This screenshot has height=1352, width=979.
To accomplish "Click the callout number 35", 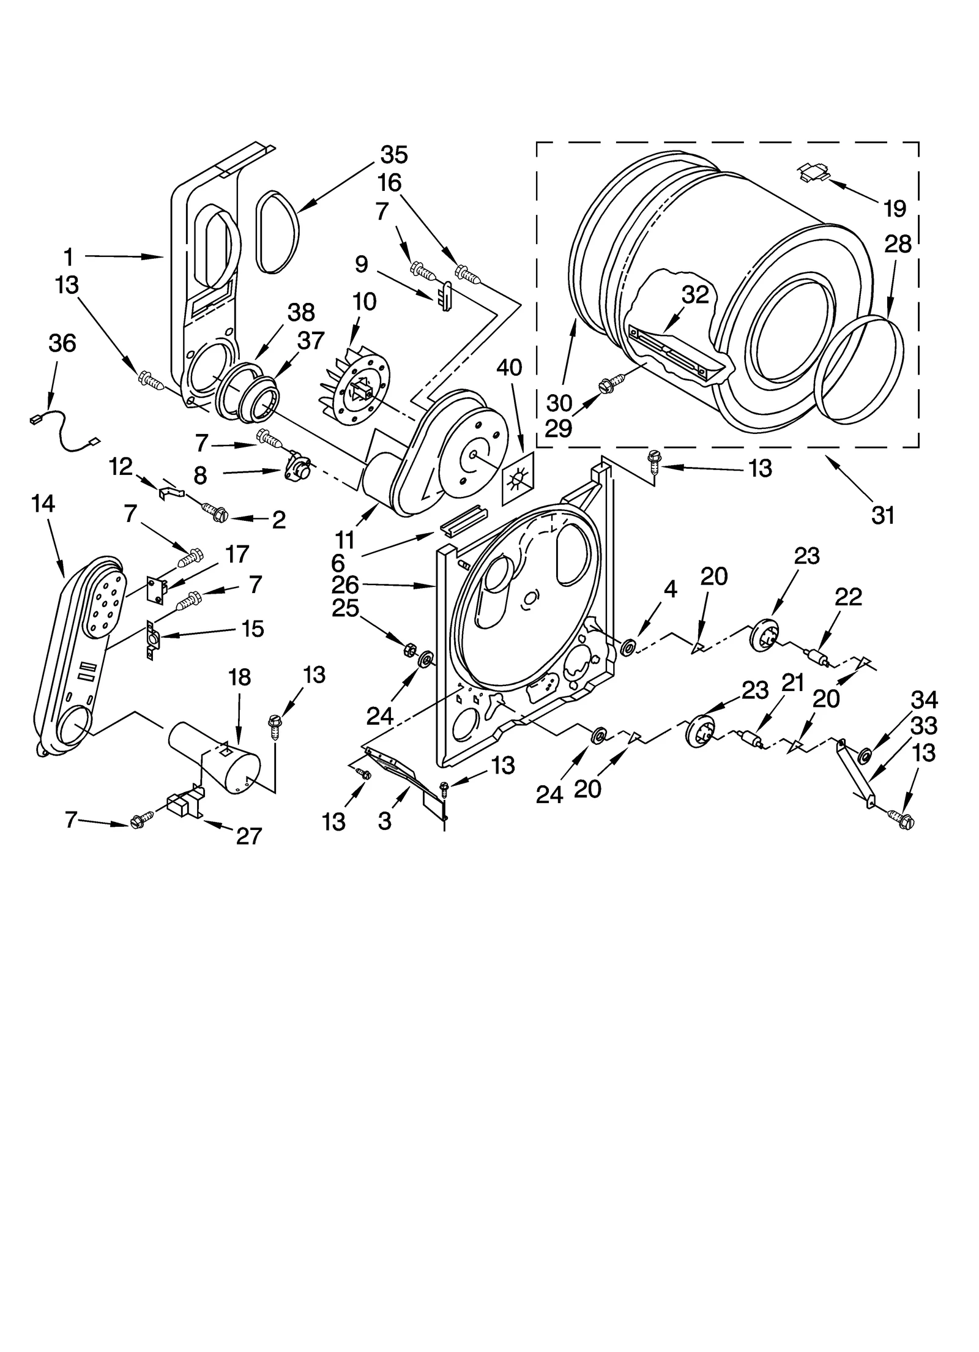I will (x=393, y=155).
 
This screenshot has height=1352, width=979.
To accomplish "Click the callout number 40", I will (x=508, y=368).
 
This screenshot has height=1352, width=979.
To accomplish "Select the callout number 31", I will (x=882, y=515).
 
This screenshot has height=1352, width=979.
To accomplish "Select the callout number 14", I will (x=43, y=504).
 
